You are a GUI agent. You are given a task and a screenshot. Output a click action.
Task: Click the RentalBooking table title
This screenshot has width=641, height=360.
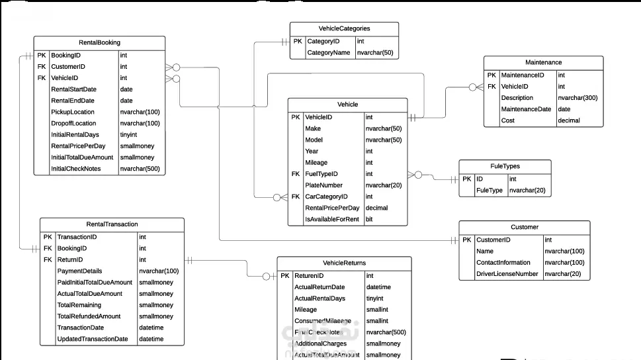click(99, 43)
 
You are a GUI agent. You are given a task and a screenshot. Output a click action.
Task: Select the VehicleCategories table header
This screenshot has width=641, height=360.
click(344, 29)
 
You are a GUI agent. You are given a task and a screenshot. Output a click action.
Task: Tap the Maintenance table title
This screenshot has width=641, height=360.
click(543, 63)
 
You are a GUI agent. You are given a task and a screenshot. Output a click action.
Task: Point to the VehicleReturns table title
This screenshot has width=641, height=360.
click(344, 263)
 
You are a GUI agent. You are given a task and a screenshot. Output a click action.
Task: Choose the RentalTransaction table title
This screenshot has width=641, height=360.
click(112, 224)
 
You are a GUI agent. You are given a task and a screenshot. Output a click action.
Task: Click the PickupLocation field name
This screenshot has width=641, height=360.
click(73, 112)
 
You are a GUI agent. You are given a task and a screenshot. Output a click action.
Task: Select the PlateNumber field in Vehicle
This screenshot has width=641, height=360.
click(323, 185)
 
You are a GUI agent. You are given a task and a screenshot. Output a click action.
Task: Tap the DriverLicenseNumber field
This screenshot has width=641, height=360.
click(507, 274)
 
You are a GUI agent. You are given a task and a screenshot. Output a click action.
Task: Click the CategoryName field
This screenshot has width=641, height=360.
click(329, 53)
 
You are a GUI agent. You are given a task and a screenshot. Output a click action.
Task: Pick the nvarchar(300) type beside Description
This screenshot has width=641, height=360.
click(577, 98)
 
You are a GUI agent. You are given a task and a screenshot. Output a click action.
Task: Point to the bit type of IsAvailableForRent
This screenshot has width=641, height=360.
click(369, 219)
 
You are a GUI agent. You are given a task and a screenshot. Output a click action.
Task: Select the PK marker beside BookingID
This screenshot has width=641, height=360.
click(42, 56)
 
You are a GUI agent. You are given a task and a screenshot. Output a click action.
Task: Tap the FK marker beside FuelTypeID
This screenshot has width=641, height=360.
click(295, 174)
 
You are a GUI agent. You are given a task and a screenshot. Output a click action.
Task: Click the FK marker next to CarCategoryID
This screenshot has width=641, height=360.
click(295, 197)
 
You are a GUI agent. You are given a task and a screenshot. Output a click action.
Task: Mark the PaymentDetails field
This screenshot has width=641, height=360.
click(79, 271)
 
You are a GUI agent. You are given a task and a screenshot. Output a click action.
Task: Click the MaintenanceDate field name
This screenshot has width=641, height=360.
click(526, 109)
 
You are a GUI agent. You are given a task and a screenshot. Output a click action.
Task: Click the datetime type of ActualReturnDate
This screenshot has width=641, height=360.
click(378, 287)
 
